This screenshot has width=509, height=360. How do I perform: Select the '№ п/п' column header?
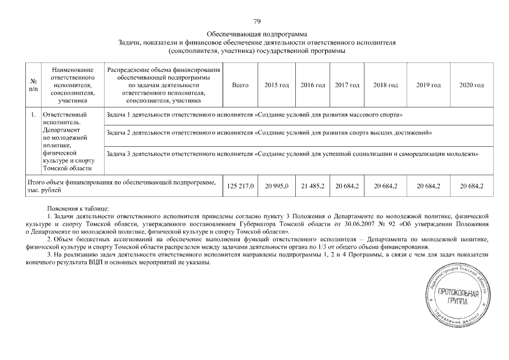click(x=33, y=85)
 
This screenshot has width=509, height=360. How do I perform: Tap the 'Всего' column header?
click(x=240, y=85)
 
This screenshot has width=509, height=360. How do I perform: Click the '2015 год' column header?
click(x=276, y=85)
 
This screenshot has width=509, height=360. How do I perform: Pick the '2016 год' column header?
click(x=313, y=85)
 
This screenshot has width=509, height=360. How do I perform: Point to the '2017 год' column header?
click(x=347, y=85)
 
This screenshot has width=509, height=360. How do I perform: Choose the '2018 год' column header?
click(x=385, y=85)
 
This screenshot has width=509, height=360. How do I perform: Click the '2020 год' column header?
click(x=471, y=85)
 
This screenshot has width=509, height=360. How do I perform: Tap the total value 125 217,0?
click(x=240, y=186)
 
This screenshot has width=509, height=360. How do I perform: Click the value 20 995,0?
click(x=276, y=186)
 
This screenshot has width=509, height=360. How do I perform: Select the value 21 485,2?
click(x=313, y=186)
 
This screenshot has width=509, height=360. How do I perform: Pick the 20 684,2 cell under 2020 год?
click(x=471, y=186)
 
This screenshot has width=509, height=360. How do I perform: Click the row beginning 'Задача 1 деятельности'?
click(x=254, y=115)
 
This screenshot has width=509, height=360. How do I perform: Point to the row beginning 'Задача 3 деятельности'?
click(x=292, y=154)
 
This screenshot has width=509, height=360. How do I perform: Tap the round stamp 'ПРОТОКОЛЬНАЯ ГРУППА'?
click(x=458, y=298)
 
